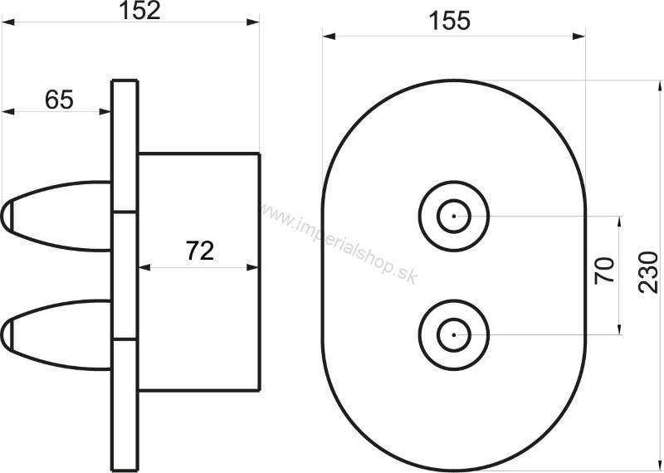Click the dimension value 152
(139, 11)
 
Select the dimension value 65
(59, 100)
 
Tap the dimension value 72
(200, 251)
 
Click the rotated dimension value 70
(605, 271)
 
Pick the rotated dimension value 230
(648, 272)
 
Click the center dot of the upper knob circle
(454, 216)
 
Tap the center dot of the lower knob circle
(454, 334)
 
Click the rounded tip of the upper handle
(5, 217)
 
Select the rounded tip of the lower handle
(5, 334)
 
